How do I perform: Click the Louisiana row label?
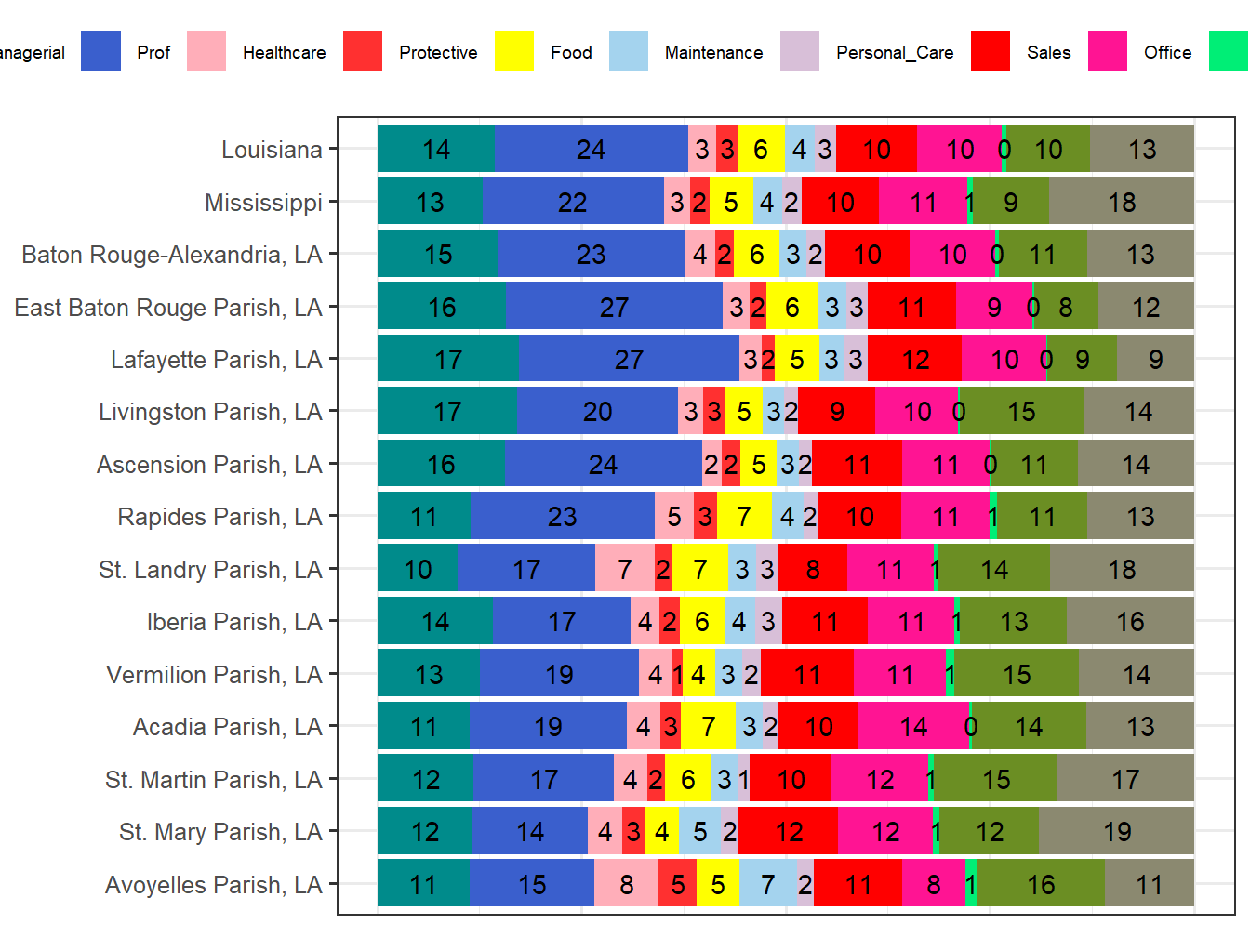tap(272, 150)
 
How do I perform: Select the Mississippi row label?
tap(263, 203)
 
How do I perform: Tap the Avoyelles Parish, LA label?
tap(213, 885)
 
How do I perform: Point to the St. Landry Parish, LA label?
tap(210, 570)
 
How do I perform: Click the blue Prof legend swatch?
tap(100, 51)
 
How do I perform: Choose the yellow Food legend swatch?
tap(514, 51)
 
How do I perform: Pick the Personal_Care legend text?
tap(895, 53)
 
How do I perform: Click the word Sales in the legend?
tap(1048, 53)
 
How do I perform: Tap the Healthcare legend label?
tap(284, 53)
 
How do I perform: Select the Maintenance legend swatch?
tap(629, 51)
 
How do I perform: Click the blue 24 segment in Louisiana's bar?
tap(591, 150)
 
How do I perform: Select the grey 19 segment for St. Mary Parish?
tap(1116, 832)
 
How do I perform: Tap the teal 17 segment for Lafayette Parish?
tap(447, 360)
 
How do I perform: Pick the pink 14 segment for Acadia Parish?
tap(913, 727)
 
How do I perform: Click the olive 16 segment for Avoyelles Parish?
tap(1040, 885)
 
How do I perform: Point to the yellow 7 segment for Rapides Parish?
tap(743, 517)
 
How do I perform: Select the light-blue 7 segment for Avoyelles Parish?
tap(767, 885)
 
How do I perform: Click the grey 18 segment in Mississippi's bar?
tap(1121, 203)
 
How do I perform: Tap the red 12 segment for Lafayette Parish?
tap(914, 360)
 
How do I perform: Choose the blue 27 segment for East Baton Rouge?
tap(614, 308)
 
